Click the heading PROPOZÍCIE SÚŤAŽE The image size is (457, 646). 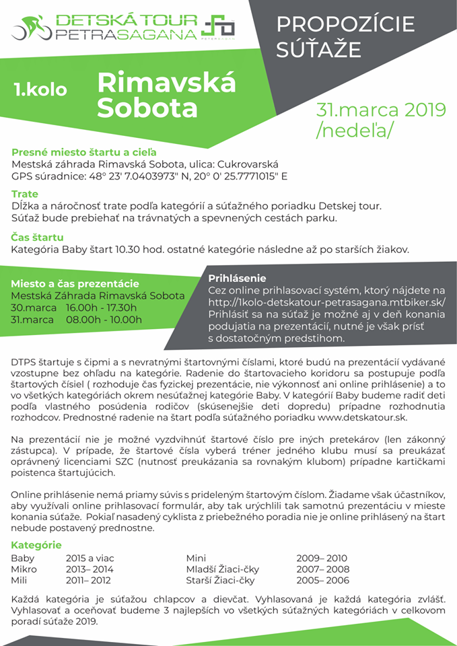(x=346, y=36)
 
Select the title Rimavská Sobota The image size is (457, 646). (x=166, y=95)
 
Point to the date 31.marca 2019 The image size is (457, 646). (x=382, y=110)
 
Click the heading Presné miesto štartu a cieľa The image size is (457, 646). (x=84, y=152)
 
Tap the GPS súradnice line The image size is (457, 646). (x=149, y=178)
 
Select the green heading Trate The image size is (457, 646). (x=25, y=194)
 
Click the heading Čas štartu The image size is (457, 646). (x=38, y=237)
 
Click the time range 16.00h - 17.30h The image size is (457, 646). (x=101, y=308)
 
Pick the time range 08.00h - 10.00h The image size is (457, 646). (x=104, y=320)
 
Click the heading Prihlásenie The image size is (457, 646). (x=237, y=277)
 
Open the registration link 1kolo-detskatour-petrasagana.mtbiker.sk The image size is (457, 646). (x=326, y=302)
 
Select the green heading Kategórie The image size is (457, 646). (x=36, y=545)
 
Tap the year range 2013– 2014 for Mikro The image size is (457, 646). (x=90, y=569)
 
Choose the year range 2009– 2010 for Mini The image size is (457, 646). (x=322, y=558)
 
